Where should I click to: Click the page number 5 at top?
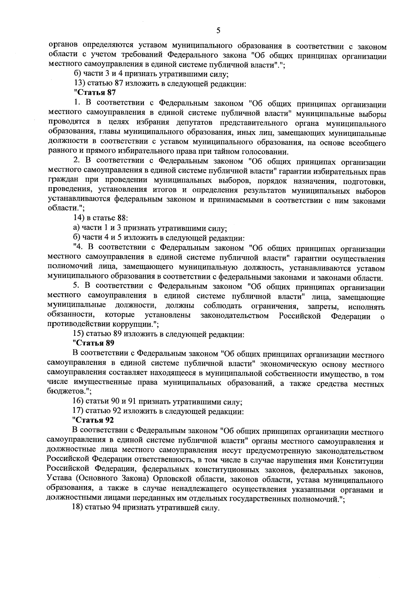point(218,31)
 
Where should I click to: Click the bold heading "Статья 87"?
point(95,93)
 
